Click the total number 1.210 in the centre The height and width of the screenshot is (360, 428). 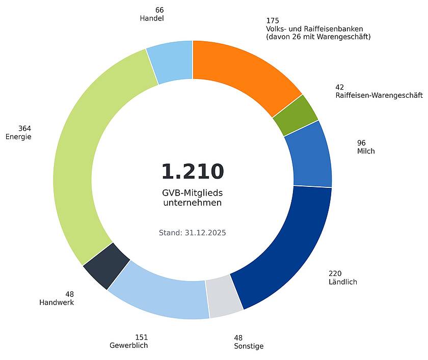click(x=193, y=172)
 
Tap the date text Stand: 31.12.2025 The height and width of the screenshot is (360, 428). click(x=193, y=233)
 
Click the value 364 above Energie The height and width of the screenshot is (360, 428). click(x=24, y=128)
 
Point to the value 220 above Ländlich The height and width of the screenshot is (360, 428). click(x=335, y=273)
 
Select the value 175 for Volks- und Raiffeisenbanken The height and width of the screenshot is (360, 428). click(x=273, y=21)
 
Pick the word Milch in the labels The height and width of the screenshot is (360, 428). click(x=366, y=151)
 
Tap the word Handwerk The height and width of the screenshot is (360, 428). click(x=57, y=302)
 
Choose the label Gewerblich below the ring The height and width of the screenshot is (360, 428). click(x=128, y=346)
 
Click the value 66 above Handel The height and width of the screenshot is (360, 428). click(x=159, y=10)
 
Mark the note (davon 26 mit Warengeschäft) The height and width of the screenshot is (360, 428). click(x=318, y=37)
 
